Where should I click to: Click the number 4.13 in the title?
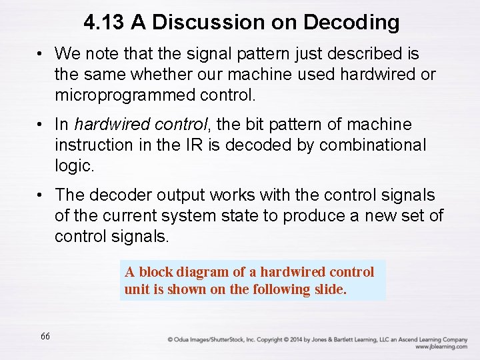[x=104, y=23]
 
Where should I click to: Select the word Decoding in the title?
[x=351, y=23]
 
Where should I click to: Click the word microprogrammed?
[x=125, y=95]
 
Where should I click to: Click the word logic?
[x=73, y=165]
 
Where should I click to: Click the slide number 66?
[x=45, y=337]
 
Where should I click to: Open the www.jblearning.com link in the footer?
[x=441, y=347]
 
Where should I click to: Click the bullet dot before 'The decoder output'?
[x=41, y=195]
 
